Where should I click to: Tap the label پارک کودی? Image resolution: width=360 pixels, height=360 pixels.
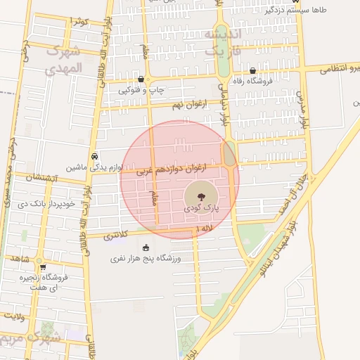click(202, 209)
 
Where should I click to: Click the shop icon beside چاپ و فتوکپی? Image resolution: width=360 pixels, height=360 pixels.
click(142, 79)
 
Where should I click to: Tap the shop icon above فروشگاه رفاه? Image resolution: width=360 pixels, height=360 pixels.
click(253, 70)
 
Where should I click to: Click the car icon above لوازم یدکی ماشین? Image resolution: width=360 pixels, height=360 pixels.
click(95, 156)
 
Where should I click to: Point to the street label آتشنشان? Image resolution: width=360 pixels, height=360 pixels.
click(41, 178)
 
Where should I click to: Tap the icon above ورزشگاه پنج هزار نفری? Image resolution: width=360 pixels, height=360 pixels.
click(146, 247)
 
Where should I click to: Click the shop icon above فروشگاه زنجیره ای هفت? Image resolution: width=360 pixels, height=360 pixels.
click(43, 267)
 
